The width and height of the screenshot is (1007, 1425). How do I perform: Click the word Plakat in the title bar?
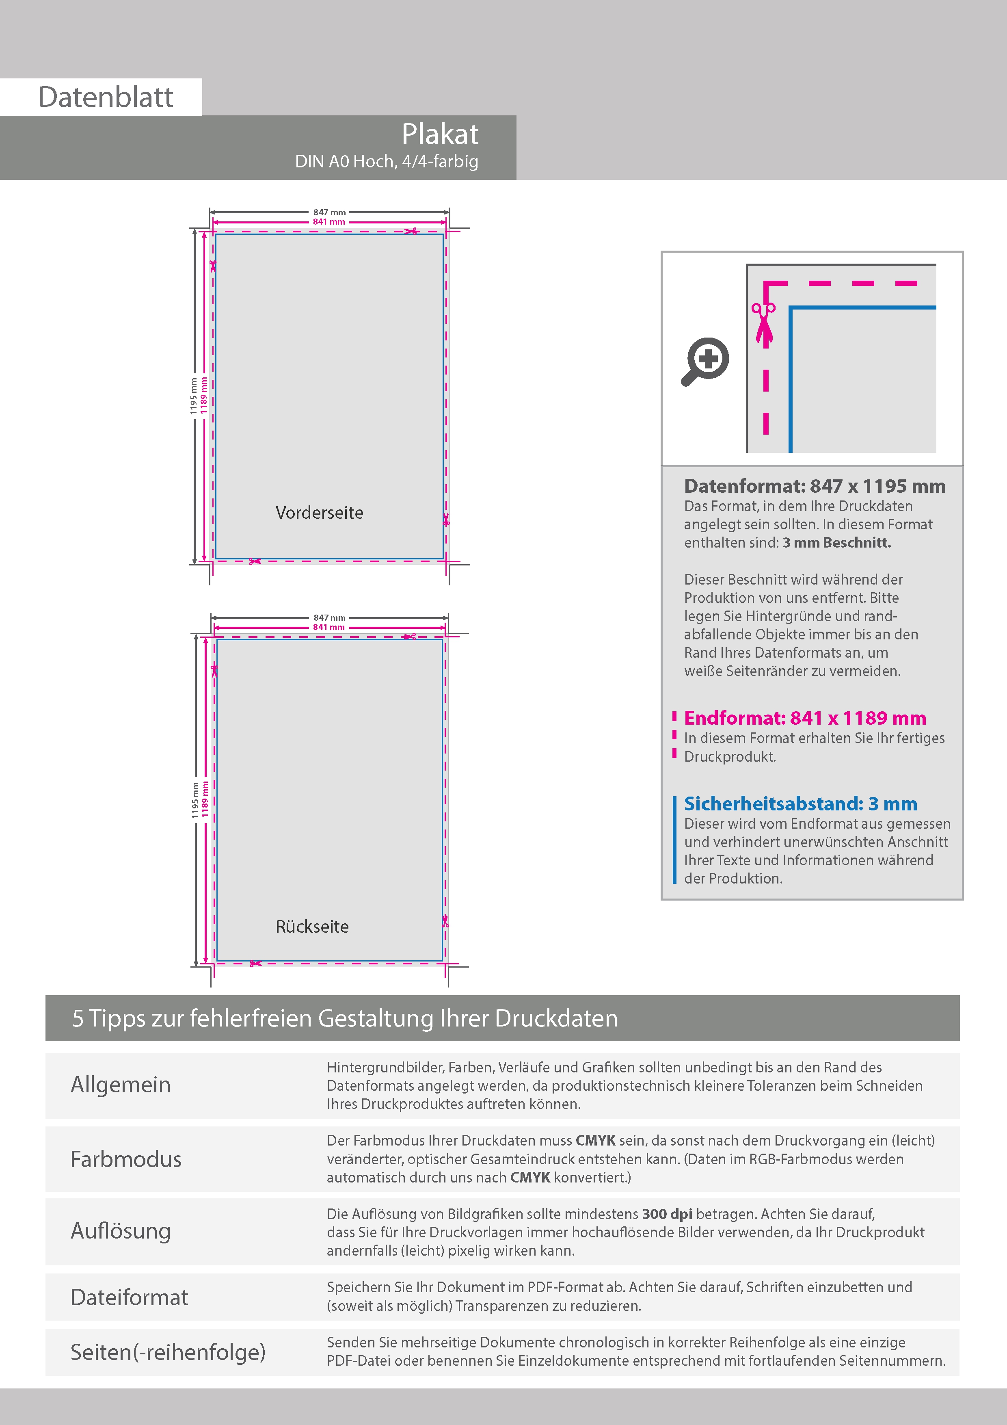440,134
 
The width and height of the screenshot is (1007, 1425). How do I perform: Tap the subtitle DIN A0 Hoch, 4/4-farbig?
387,161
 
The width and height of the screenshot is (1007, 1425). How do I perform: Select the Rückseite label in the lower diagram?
312,927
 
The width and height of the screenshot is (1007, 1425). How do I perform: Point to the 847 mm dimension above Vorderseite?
329,212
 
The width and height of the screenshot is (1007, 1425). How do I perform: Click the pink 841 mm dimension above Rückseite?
329,628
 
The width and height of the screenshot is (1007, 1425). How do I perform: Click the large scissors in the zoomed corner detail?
764,322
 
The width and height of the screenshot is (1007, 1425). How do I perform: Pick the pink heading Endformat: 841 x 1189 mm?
805,718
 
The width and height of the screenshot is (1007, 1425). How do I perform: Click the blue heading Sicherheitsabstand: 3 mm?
800,804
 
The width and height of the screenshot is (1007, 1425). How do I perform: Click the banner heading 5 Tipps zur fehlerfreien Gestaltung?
345,1018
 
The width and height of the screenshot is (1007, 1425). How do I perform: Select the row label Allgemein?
120,1085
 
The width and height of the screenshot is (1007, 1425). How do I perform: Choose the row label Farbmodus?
126,1159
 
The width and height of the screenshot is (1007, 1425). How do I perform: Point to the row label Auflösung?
120,1231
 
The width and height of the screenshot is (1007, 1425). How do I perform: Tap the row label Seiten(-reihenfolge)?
168,1352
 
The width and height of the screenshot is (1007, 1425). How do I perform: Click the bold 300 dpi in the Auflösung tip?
667,1214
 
